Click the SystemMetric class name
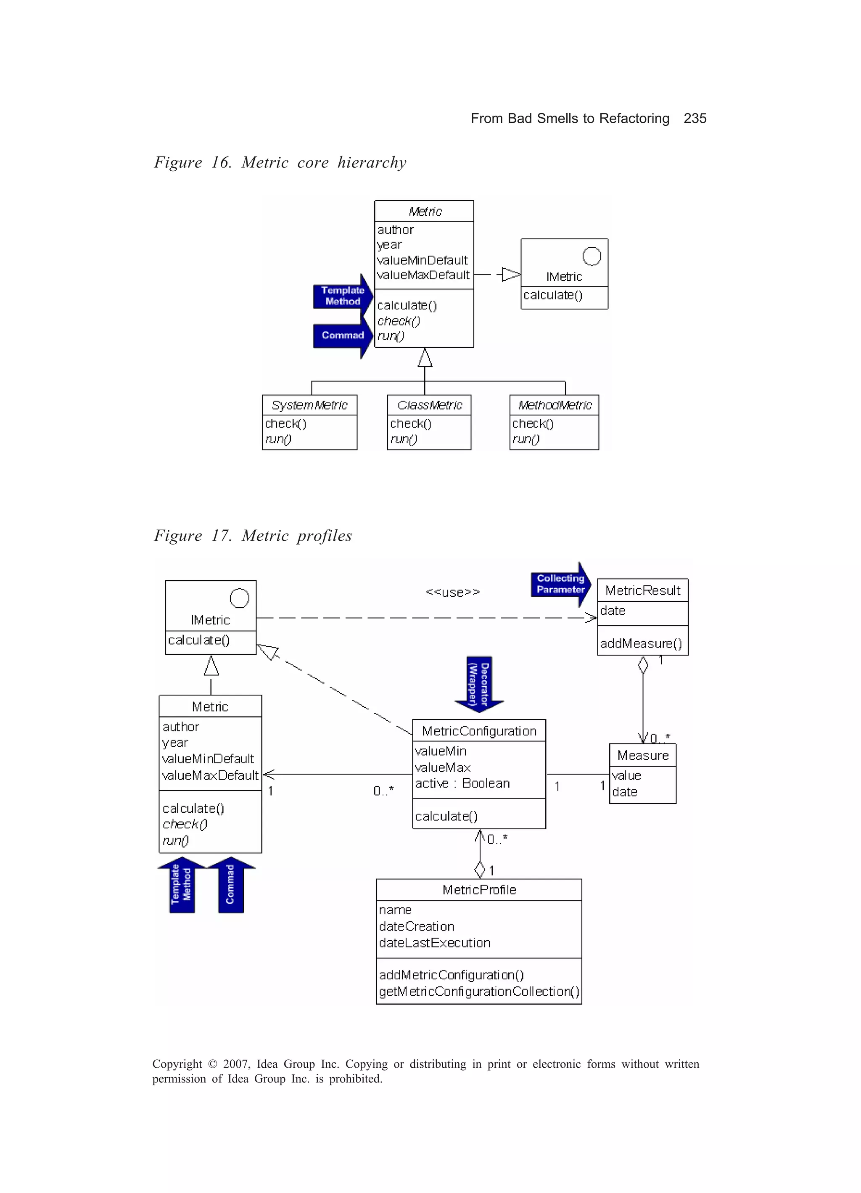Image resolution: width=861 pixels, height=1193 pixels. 309,405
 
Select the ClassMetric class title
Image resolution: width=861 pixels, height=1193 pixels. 429,405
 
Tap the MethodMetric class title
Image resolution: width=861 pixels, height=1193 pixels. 555,405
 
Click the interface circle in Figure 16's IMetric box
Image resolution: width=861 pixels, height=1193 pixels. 591,256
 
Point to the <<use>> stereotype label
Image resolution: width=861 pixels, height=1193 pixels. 452,592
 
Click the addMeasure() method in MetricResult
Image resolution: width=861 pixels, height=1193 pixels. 641,643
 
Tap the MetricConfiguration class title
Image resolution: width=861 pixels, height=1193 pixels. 478,731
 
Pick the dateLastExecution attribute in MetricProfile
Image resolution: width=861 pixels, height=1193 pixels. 434,943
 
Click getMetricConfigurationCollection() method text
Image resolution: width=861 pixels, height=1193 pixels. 478,992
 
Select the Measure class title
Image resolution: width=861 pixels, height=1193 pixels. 643,755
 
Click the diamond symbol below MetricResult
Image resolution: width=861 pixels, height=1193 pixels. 643,665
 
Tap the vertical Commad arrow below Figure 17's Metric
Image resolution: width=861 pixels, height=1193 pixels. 231,885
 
